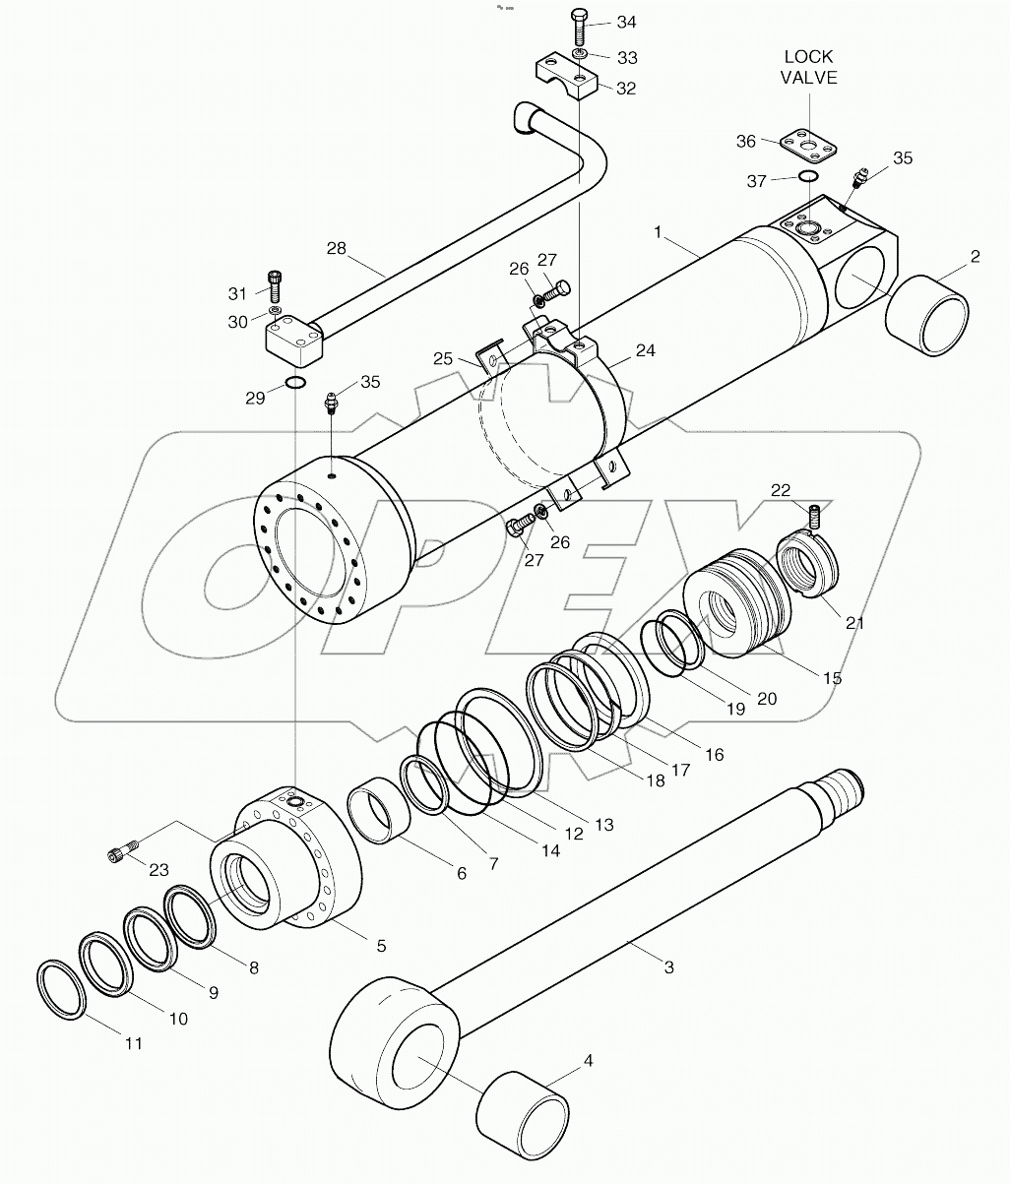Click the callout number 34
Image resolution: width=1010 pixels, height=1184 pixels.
pyautogui.click(x=626, y=22)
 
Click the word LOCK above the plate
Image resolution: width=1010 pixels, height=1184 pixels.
pyautogui.click(x=809, y=57)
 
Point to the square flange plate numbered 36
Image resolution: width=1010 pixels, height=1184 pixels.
pyautogui.click(x=806, y=144)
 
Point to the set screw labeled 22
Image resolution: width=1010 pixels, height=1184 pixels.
pyautogui.click(x=814, y=514)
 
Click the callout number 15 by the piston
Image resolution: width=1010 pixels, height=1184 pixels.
pyautogui.click(x=832, y=678)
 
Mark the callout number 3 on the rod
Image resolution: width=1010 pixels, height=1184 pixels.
pyautogui.click(x=668, y=967)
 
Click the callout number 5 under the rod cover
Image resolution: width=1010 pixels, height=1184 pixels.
pyautogui.click(x=380, y=946)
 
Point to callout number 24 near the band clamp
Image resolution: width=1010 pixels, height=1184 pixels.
pyautogui.click(x=645, y=350)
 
